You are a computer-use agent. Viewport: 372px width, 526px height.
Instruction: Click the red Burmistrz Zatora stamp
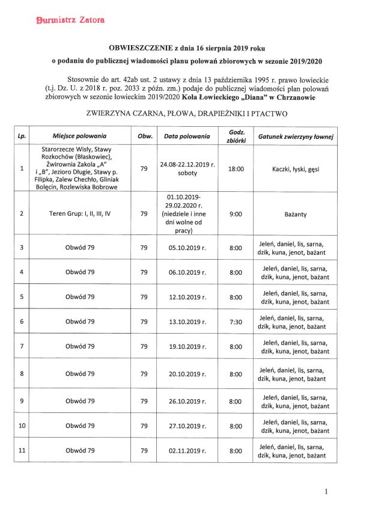point(62,20)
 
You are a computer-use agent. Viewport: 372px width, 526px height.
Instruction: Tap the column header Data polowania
point(187,136)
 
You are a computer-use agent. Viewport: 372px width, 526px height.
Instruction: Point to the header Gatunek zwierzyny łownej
point(296,136)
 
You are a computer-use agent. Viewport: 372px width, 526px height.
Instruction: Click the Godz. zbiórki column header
point(236,136)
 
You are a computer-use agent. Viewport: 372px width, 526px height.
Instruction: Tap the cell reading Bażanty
point(295,213)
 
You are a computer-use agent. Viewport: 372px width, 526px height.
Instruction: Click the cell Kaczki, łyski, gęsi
point(295,169)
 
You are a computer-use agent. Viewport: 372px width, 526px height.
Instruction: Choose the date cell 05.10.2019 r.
point(187,248)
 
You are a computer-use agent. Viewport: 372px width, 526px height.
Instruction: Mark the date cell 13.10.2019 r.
point(187,322)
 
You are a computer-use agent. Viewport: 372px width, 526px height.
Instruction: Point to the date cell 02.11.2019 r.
point(187,450)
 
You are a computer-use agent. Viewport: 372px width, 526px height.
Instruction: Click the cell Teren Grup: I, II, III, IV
point(79,213)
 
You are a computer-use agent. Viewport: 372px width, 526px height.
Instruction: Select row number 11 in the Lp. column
point(22,450)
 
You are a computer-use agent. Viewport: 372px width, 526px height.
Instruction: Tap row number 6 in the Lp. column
point(22,322)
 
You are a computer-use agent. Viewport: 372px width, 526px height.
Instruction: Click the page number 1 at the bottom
point(326,491)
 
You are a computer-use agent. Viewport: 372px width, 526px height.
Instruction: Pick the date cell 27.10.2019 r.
point(187,426)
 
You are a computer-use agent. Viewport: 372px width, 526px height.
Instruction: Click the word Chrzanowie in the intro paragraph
point(293,97)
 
